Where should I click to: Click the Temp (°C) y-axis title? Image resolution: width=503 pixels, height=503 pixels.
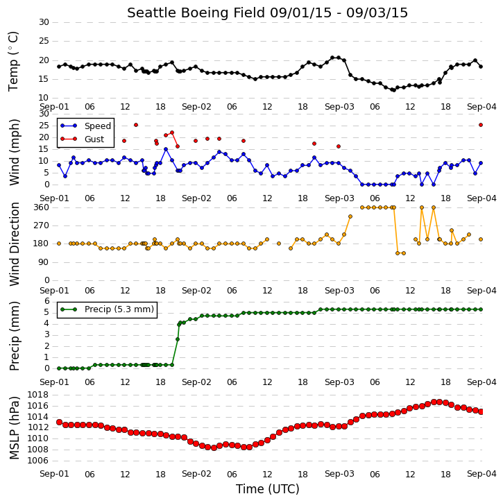pos(13,61)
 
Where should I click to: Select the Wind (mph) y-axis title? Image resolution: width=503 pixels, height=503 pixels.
pos(14,152)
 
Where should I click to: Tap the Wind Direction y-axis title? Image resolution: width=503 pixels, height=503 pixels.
pos(14,244)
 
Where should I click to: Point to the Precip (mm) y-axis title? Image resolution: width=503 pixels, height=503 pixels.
pos(14,336)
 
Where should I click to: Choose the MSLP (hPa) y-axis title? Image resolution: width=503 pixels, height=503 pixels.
pos(14,427)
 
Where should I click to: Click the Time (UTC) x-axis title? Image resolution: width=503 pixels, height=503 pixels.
pos(268,489)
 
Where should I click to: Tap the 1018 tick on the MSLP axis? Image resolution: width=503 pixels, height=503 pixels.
pos(38,395)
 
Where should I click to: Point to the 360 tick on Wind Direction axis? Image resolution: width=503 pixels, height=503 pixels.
pos(42,207)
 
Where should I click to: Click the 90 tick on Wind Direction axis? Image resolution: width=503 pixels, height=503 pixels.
pos(44,262)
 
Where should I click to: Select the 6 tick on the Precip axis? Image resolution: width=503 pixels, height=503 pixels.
pos(47,301)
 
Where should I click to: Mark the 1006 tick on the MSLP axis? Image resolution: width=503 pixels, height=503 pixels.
pos(38,461)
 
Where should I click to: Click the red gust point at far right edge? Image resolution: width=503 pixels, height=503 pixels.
pos(481,125)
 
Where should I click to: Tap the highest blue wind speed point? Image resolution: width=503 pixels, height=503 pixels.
pos(166,149)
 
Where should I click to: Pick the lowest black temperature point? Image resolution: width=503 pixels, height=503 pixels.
pos(393,90)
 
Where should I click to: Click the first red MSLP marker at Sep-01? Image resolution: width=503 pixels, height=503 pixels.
pos(59,422)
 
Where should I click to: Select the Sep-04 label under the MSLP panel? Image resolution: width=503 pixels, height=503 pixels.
pos(481,474)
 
